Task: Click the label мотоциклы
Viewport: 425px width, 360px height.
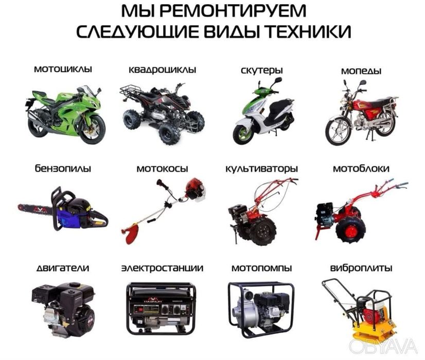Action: [x=63, y=68]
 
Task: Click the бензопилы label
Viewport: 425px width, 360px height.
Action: [x=63, y=168]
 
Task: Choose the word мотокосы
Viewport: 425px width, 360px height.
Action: [x=162, y=168]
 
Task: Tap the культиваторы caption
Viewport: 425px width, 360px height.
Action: [x=261, y=168]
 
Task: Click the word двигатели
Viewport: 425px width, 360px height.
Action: [x=63, y=268]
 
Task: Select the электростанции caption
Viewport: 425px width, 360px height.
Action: [x=162, y=268]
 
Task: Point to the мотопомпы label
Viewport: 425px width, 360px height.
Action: [x=261, y=268]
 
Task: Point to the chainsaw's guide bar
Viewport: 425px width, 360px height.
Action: [x=36, y=210]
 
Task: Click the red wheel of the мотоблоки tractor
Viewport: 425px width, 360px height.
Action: [x=350, y=230]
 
